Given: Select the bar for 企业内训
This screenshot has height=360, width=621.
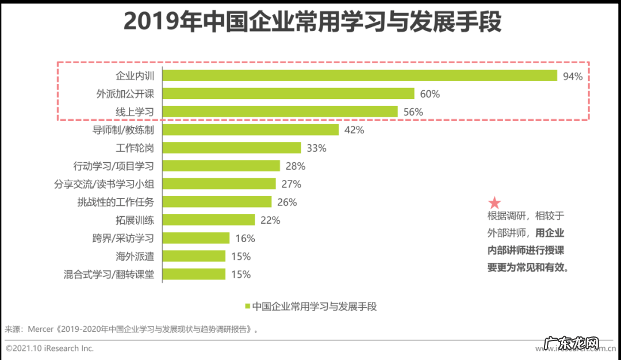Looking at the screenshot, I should tap(360, 75).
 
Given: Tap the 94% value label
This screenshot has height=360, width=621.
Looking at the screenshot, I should tap(573, 76).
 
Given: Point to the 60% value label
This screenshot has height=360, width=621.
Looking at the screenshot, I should tap(430, 94).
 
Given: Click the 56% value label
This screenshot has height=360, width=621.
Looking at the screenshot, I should tap(413, 112).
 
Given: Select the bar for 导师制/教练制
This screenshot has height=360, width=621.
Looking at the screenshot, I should tap(251, 130).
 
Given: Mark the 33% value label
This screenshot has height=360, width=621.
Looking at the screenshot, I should tap(316, 148).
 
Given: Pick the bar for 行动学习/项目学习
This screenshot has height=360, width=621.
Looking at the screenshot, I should tap(221, 166).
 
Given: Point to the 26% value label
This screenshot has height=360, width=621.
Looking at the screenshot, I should tap(286, 202).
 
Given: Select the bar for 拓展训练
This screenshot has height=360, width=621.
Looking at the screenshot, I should tap(209, 220).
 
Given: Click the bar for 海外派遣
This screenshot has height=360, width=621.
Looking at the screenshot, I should tap(194, 256).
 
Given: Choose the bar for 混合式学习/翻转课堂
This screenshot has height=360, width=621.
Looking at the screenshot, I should tap(194, 274).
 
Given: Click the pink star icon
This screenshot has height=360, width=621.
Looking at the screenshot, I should tap(494, 202).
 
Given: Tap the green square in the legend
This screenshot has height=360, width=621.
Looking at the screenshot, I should tap(247, 307).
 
